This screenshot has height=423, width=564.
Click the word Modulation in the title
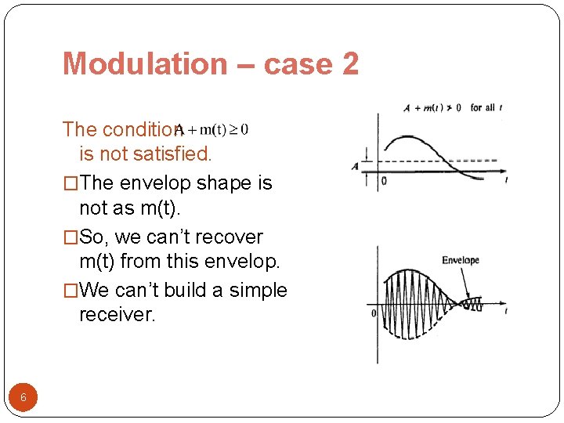click(144, 63)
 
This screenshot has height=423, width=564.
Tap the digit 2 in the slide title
click(350, 63)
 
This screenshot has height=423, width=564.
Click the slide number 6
click(23, 398)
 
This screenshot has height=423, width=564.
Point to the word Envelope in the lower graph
click(461, 260)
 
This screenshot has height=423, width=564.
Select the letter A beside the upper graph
click(355, 166)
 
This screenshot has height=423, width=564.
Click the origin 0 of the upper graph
click(384, 181)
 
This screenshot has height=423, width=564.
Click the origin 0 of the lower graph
click(374, 313)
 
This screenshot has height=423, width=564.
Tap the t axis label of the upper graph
click(506, 180)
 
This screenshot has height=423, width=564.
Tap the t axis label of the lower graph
click(506, 312)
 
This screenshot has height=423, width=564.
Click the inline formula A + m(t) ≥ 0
click(213, 129)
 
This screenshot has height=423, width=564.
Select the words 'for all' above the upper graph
click(482, 108)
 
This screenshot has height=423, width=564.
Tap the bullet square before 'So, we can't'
click(70, 237)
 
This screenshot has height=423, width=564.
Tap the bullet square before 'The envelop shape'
click(70, 184)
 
